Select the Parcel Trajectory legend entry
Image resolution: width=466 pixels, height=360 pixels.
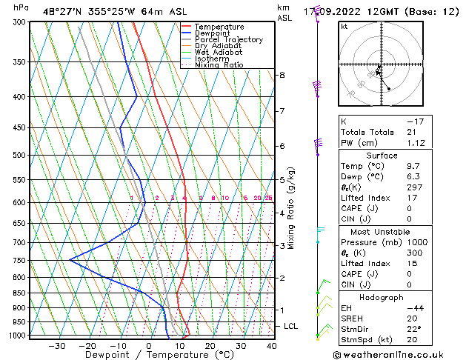point(228,39)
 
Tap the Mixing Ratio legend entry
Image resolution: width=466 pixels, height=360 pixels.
point(219,65)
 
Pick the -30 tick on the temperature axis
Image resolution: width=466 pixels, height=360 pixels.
point(57,346)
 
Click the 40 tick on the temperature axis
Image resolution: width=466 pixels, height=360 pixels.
point(272,346)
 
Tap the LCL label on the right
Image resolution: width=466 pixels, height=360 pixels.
point(291,326)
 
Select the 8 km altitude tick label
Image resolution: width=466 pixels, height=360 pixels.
point(282,76)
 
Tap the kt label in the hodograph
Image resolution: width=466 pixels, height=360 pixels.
point(344,26)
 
